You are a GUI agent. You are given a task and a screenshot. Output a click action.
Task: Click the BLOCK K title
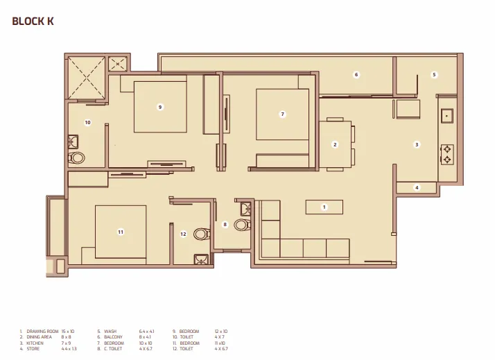[x=33, y=22]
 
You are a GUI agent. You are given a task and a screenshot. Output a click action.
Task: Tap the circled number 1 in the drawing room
[x=323, y=207]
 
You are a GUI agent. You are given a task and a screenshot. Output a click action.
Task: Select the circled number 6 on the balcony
[x=356, y=74]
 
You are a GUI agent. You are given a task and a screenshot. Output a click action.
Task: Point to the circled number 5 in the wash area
[x=434, y=74]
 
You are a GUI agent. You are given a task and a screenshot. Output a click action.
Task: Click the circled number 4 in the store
[x=417, y=187]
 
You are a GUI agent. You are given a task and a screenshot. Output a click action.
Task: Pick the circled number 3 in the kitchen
[x=417, y=144]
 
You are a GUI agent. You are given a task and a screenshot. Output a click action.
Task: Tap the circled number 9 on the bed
[x=160, y=107]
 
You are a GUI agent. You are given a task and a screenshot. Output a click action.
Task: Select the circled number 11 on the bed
[x=121, y=232]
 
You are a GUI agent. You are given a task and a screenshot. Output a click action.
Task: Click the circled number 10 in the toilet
[x=87, y=122]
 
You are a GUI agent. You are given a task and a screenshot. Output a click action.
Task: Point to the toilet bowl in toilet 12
[x=200, y=234]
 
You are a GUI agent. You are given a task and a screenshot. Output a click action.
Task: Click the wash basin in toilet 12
[x=200, y=260]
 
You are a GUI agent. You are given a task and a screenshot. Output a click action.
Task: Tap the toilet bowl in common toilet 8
[x=241, y=224]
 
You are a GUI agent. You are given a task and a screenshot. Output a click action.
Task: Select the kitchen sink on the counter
[x=446, y=116]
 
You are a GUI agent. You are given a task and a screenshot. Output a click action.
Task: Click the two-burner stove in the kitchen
[x=447, y=154]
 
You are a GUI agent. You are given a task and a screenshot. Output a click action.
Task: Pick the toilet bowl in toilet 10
[x=77, y=157]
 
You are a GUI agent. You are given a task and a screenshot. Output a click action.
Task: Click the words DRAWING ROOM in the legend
[x=41, y=332]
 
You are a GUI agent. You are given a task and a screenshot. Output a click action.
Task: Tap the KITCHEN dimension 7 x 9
[x=67, y=343]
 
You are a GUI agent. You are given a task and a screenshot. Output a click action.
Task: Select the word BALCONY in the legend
[x=113, y=337]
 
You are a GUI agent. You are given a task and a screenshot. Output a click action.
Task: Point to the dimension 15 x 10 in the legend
[x=69, y=332]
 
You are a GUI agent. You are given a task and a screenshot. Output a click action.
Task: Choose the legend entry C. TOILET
[x=114, y=348]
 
